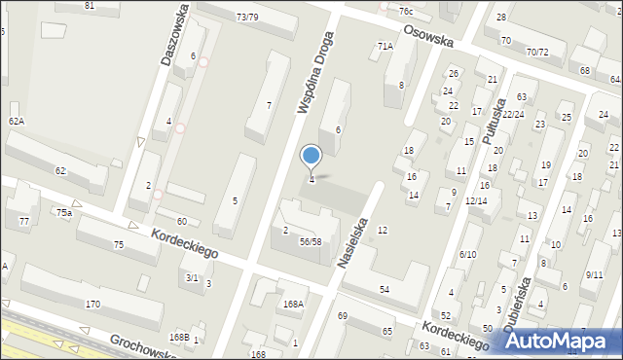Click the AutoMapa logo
click(x=568, y=340)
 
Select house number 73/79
click(x=247, y=17)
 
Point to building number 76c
click(x=405, y=11)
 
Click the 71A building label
click(x=385, y=46)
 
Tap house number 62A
click(x=17, y=121)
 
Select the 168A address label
click(x=293, y=304)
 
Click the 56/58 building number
click(x=310, y=241)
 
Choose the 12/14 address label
click(x=476, y=200)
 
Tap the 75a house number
click(x=64, y=212)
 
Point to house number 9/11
click(x=594, y=275)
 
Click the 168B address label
click(x=178, y=337)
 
